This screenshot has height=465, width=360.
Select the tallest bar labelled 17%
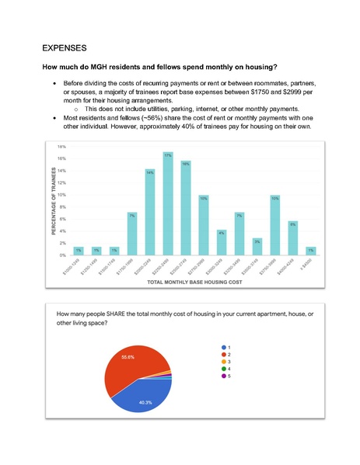click(x=168, y=206)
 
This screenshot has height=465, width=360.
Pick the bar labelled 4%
click(x=222, y=243)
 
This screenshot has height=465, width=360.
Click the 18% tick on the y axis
click(x=61, y=146)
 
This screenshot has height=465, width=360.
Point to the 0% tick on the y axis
click(x=61, y=255)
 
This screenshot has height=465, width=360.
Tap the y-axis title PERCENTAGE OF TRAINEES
click(x=54, y=203)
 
